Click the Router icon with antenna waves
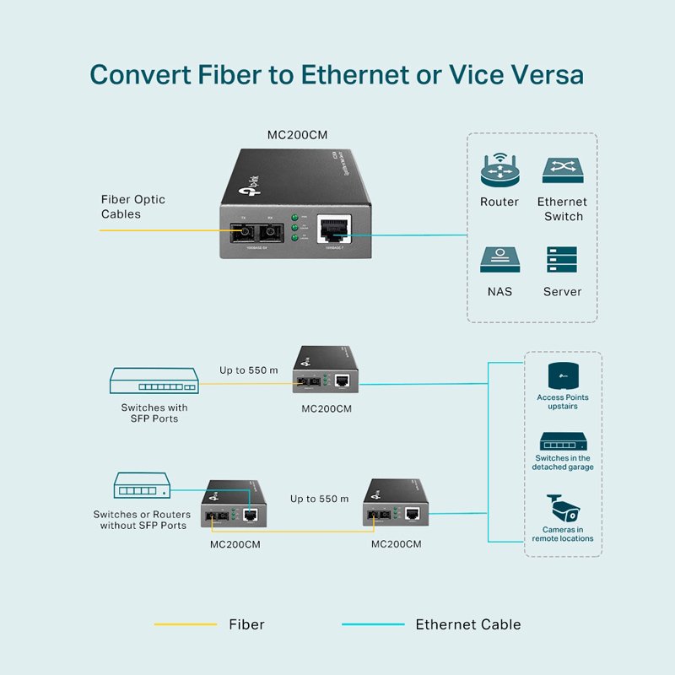tap(499, 170)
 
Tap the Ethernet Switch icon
tap(563, 170)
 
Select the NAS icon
tap(499, 260)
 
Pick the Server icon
tap(562, 260)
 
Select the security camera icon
tap(562, 508)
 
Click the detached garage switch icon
tap(563, 442)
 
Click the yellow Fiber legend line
tap(186, 624)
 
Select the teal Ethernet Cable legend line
tap(373, 624)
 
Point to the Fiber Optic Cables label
tap(132, 207)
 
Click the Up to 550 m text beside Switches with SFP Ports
tap(248, 370)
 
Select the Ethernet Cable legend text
tap(467, 624)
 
